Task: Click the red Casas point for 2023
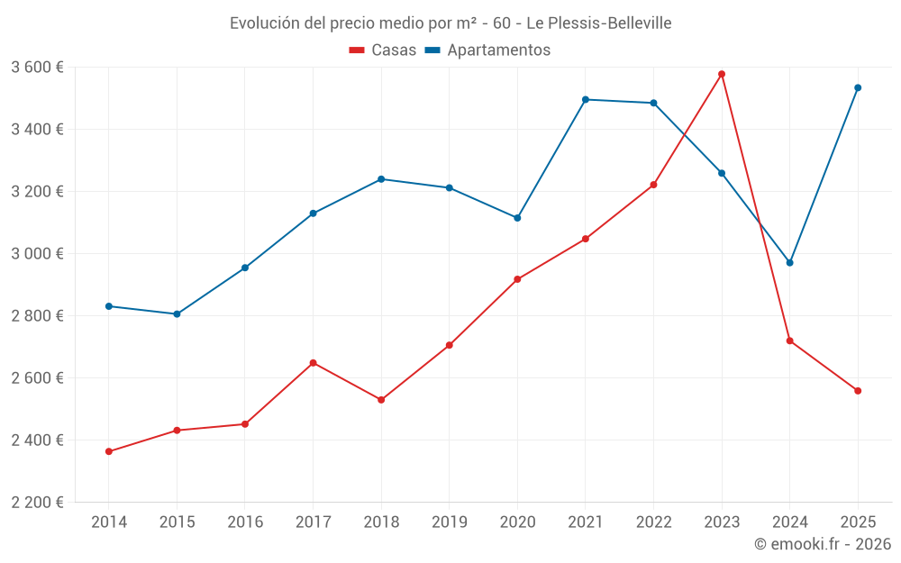[722, 74]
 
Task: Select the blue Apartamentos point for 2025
[858, 87]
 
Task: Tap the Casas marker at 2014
[109, 451]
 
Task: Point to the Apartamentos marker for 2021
[586, 99]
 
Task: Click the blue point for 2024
[790, 263]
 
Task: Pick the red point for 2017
[313, 363]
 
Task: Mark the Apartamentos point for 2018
[381, 179]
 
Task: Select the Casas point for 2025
[858, 391]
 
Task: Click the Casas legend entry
[383, 50]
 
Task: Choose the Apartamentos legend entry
[487, 50]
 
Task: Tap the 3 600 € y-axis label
[37, 68]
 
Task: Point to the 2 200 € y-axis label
[37, 503]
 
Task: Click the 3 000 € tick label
[37, 254]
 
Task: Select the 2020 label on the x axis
[517, 522]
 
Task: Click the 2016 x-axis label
[245, 522]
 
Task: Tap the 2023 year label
[722, 522]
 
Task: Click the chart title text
[450, 23]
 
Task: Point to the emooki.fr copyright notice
[822, 544]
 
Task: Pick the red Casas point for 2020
[517, 279]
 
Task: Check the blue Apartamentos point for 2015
[177, 314]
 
